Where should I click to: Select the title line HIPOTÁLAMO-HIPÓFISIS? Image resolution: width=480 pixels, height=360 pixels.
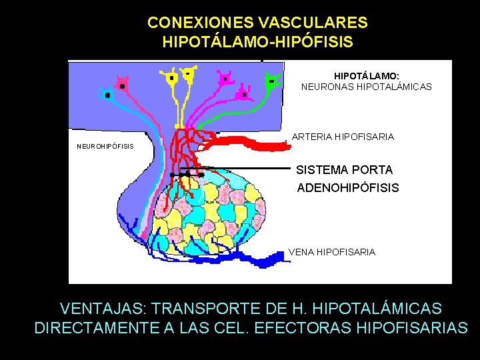click(257, 42)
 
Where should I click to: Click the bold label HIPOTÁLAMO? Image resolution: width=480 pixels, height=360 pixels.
click(366, 76)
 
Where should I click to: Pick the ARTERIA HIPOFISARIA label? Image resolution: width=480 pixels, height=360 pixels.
click(343, 137)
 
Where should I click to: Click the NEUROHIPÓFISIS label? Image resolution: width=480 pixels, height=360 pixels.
click(105, 146)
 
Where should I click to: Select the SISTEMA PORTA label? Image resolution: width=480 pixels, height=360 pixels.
click(344, 170)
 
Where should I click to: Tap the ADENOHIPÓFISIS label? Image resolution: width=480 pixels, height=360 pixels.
click(347, 187)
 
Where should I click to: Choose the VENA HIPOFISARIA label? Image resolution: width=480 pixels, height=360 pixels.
click(331, 252)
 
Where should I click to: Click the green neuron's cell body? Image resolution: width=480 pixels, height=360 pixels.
click(272, 81)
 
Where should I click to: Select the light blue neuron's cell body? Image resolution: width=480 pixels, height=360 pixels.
click(107, 95)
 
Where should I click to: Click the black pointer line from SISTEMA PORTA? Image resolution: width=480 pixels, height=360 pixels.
click(247, 169)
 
